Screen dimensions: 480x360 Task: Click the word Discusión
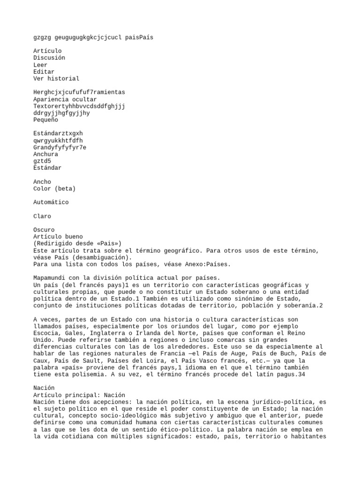[49, 58]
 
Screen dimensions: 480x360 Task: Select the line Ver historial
[56, 79]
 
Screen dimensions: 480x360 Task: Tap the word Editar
[44, 72]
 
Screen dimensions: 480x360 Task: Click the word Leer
[40, 65]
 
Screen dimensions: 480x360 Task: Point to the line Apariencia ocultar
[65, 99]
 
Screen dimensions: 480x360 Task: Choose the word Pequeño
[45, 120]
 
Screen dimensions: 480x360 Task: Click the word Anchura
[45, 154]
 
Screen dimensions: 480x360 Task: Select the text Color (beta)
[54, 189]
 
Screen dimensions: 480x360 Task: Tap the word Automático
[51, 202]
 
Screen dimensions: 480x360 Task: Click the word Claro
[42, 217]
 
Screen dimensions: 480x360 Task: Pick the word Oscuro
[44, 230]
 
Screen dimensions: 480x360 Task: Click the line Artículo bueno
[58, 237]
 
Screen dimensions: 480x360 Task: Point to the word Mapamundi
[49, 278]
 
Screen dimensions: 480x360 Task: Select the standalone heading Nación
[44, 388]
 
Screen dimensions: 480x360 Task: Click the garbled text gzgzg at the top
[42, 37]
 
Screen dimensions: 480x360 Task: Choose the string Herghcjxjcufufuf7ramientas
[79, 92]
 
